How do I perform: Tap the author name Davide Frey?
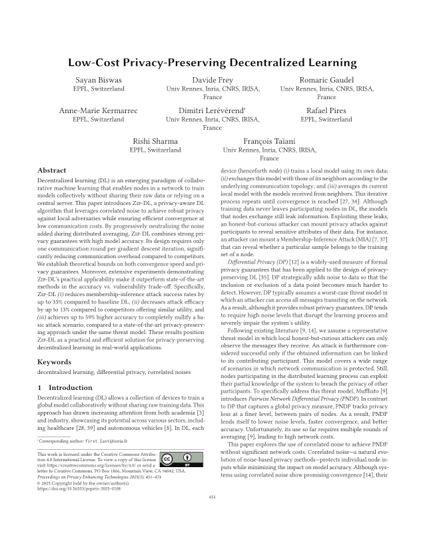(x=212, y=80)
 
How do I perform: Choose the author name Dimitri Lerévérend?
(x=212, y=110)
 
